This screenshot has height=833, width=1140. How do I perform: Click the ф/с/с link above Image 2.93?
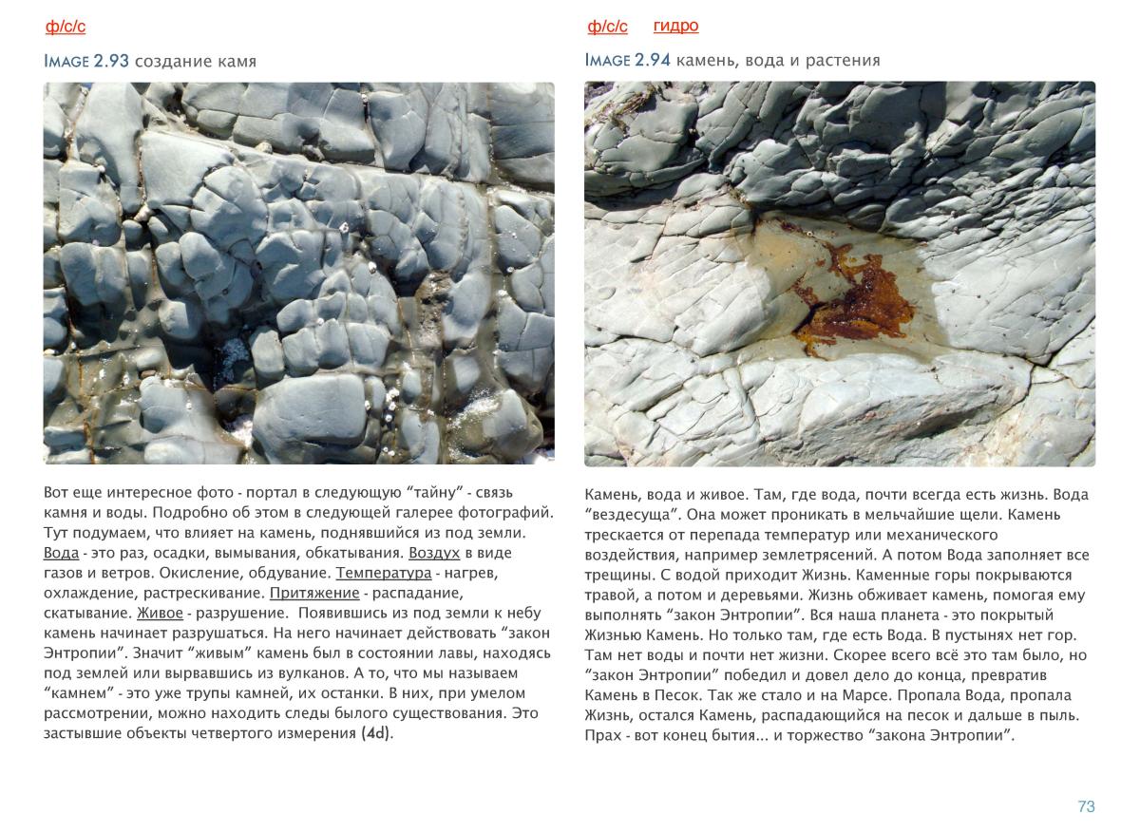point(66,27)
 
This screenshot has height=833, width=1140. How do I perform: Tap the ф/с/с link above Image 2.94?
point(607,27)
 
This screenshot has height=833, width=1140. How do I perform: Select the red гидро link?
point(675,26)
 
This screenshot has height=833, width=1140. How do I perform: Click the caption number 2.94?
point(653,61)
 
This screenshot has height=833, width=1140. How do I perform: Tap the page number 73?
point(1086,806)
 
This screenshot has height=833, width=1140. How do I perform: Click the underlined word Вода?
point(60,554)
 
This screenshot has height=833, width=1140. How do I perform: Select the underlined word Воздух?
point(434,554)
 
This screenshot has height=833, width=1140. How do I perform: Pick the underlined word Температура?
point(383,574)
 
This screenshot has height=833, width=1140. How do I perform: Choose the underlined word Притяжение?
point(313,594)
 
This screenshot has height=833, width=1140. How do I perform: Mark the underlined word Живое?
point(160,614)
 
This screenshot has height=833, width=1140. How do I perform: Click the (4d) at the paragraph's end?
point(377,733)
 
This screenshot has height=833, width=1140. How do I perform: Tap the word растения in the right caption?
point(845,61)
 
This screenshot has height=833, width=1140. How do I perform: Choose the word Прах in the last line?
point(601,735)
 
